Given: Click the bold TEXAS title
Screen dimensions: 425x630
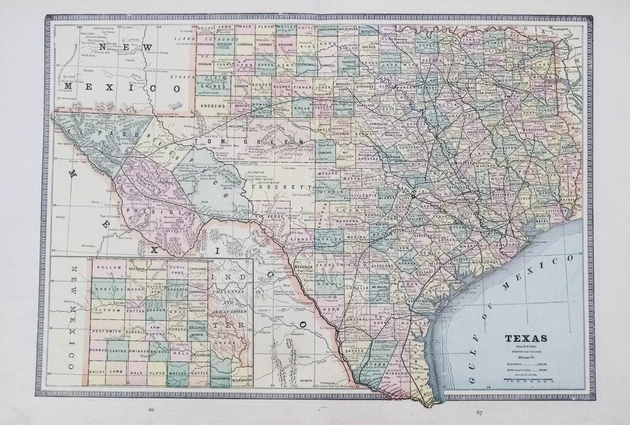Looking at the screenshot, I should [x=525, y=338].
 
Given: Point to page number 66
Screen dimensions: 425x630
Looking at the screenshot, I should [x=151, y=410].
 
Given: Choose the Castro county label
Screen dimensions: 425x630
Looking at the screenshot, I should [x=118, y=349].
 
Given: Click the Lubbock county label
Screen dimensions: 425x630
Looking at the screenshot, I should [x=243, y=44].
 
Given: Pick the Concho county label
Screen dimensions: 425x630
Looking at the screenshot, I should [x=325, y=154].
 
